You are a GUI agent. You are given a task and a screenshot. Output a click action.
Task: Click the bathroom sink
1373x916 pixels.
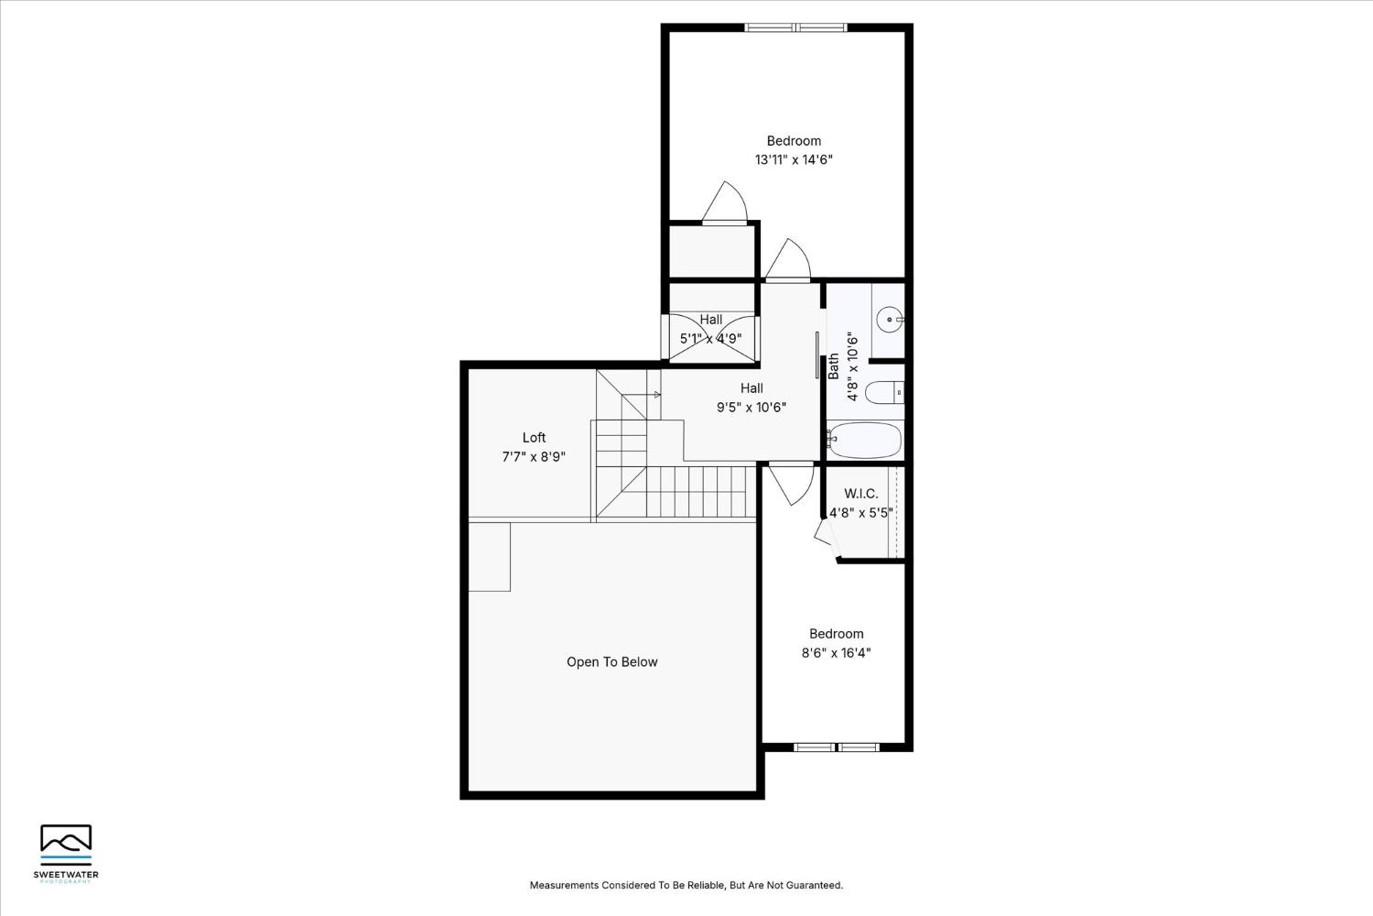pyautogui.click(x=889, y=320)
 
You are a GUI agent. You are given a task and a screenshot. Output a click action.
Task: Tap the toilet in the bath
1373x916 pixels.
pyautogui.click(x=884, y=393)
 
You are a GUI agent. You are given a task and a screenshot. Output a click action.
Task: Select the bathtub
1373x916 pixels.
pyautogui.click(x=865, y=441)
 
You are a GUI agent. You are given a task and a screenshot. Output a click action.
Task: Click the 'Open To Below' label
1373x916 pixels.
pyautogui.click(x=611, y=662)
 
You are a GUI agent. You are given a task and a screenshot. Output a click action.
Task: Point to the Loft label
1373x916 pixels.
pyautogui.click(x=534, y=438)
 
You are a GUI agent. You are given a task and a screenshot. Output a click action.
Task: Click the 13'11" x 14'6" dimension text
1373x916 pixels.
pyautogui.click(x=794, y=159)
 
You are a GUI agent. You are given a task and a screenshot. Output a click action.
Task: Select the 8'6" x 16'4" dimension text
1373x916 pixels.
pyautogui.click(x=836, y=653)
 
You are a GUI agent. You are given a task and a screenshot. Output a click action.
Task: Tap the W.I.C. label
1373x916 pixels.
pyautogui.click(x=860, y=494)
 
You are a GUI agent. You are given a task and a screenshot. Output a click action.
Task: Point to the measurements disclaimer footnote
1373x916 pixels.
pyautogui.click(x=686, y=885)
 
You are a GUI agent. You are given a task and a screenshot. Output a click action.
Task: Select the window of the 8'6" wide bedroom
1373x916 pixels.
pyautogui.click(x=837, y=747)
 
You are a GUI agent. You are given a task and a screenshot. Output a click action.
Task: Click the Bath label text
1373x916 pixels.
pyautogui.click(x=833, y=366)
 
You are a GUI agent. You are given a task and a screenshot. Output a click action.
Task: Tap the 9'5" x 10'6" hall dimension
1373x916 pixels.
pyautogui.click(x=751, y=408)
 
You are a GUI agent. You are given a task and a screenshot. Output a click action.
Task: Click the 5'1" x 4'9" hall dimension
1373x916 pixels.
pyautogui.click(x=710, y=338)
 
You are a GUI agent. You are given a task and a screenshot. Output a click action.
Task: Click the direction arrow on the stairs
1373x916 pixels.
pyautogui.click(x=655, y=395)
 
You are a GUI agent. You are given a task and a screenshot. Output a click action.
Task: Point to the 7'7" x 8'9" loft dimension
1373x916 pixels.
pyautogui.click(x=534, y=456)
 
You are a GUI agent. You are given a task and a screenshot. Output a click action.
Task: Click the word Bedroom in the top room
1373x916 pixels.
pyautogui.click(x=794, y=140)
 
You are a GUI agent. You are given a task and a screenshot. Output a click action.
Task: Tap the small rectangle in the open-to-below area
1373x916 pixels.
pyautogui.click(x=490, y=557)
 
